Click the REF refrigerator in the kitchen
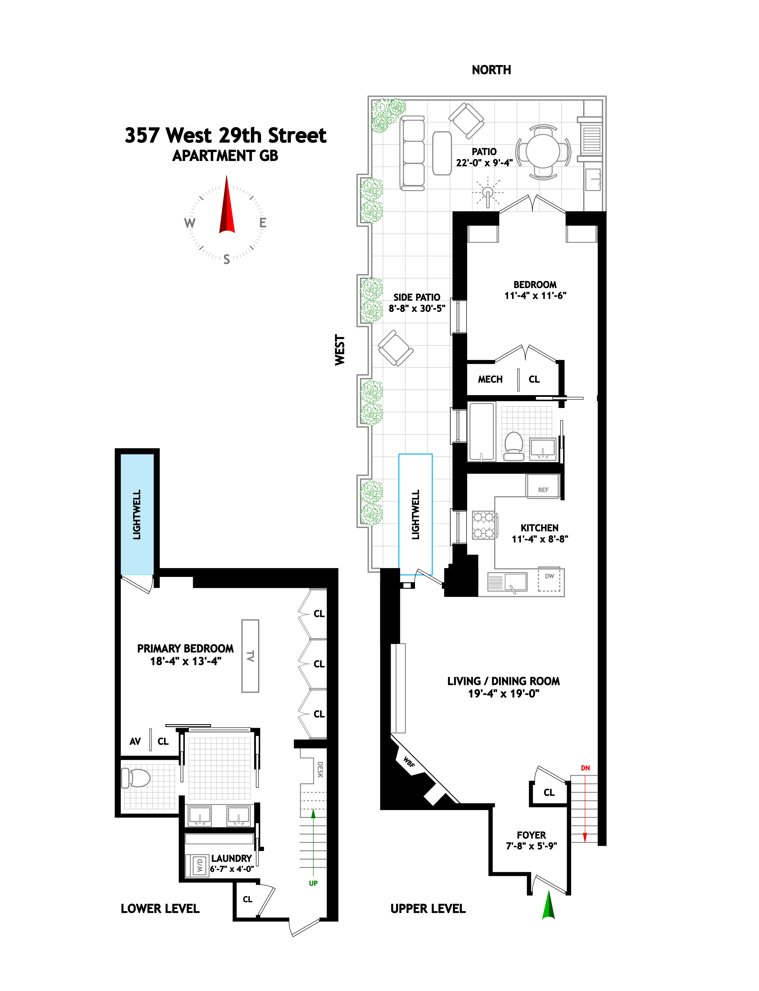point(543,489)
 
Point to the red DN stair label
point(585,767)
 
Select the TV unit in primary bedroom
point(250,655)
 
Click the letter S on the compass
point(227,259)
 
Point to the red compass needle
point(227,208)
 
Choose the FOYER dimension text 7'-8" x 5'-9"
point(531,846)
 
